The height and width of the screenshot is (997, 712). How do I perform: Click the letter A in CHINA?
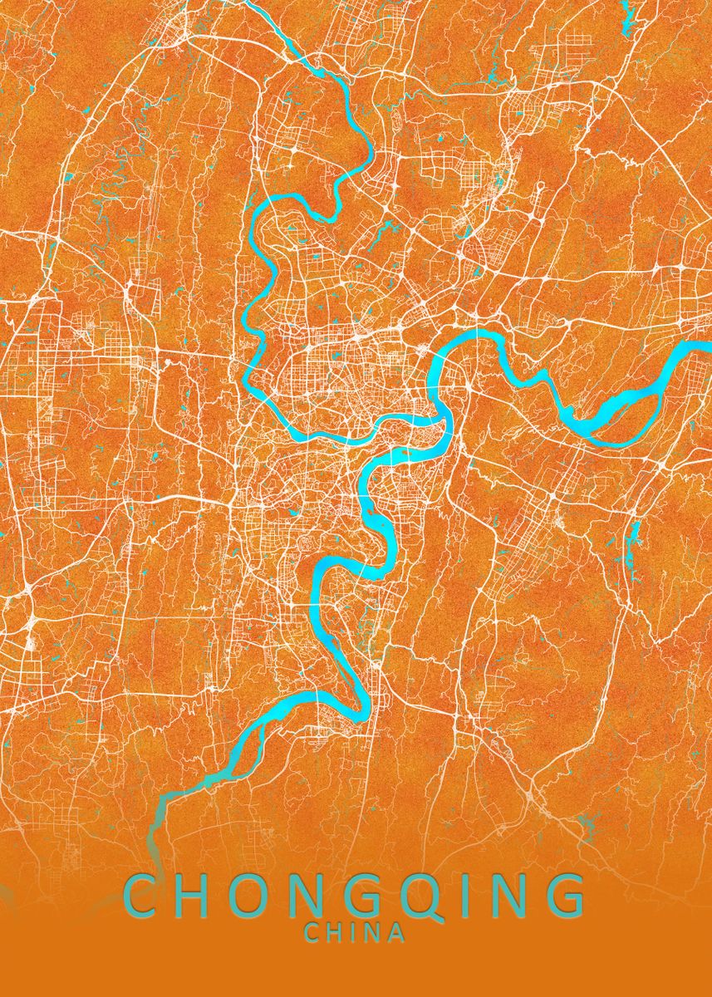point(396,933)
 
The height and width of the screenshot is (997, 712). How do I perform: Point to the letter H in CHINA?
point(335,933)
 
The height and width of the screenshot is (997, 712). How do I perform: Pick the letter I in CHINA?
point(354,933)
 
